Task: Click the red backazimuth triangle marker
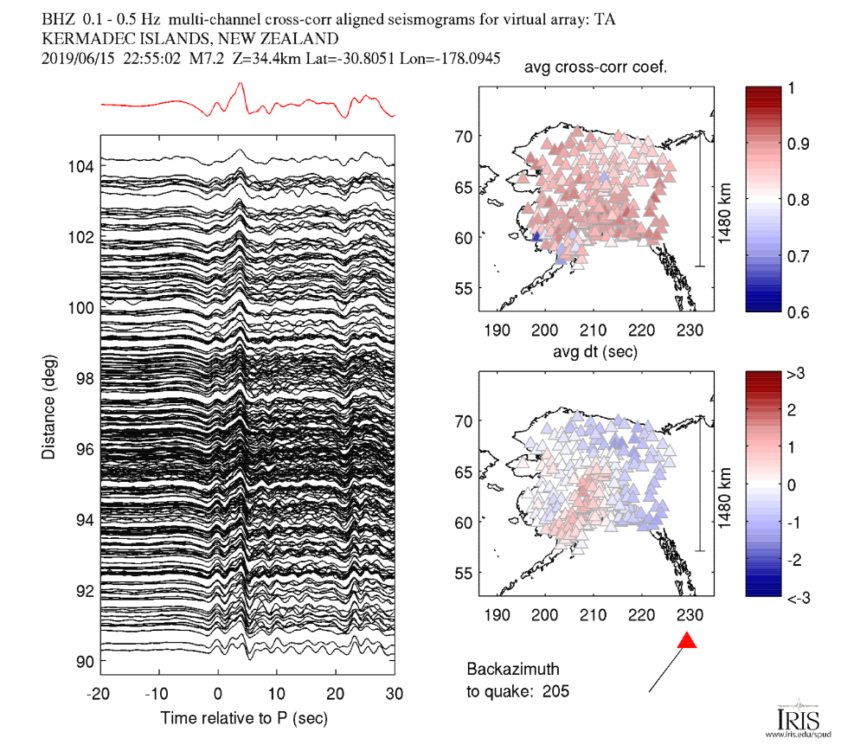(x=687, y=641)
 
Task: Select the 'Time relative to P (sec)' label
(x=244, y=718)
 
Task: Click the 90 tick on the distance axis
(x=84, y=662)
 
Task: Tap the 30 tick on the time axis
(x=395, y=694)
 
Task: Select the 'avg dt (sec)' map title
(x=596, y=353)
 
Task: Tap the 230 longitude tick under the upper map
(x=689, y=330)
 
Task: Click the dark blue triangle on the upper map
(x=536, y=235)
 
